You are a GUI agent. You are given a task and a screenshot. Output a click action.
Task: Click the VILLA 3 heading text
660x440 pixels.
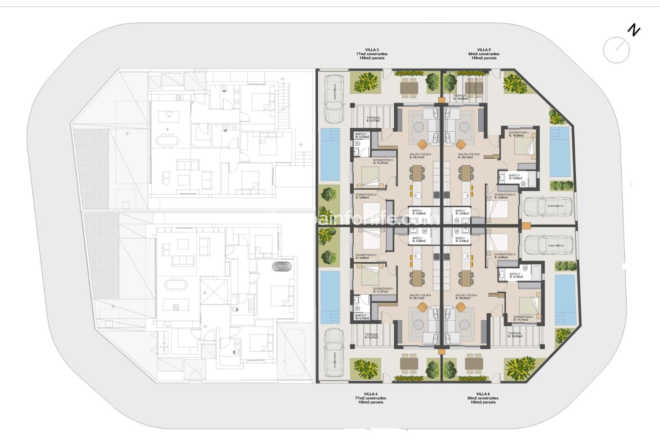[372, 50]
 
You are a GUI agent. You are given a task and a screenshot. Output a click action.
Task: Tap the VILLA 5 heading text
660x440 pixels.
[484, 50]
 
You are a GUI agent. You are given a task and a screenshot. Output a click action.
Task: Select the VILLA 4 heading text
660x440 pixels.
[371, 394]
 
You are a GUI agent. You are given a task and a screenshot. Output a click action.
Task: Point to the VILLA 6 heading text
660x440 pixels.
[483, 394]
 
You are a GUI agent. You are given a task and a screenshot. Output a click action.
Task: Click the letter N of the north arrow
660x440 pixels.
[634, 30]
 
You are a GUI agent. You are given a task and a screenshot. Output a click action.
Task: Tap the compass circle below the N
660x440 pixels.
[616, 50]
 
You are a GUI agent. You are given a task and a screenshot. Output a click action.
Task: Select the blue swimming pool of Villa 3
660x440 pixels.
[330, 154]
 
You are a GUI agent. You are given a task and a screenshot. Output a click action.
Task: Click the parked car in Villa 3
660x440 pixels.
[334, 99]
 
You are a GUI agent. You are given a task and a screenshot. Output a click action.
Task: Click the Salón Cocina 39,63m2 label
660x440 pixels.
[466, 297]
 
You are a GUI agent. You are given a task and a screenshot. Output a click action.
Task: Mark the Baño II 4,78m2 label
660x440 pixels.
[516, 275]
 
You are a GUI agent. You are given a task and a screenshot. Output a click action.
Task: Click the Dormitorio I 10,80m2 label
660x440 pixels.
[518, 134]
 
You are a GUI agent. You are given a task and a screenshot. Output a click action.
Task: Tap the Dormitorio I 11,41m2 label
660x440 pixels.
[523, 318]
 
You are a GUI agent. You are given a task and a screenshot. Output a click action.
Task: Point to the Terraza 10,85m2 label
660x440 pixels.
[460, 97]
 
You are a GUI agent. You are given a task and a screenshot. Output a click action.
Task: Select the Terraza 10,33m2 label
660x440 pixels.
[515, 335]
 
